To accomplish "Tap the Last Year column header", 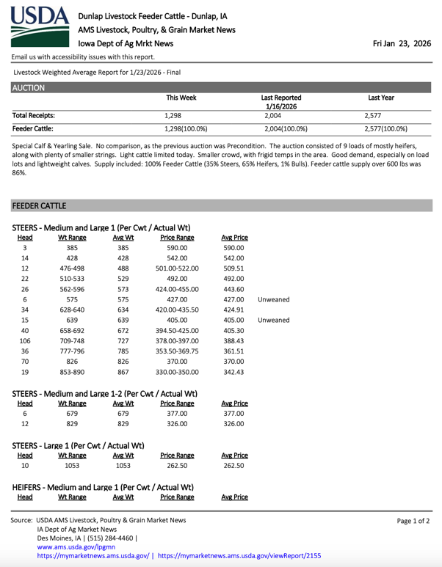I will pos(380,97).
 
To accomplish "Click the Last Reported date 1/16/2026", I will pos(280,105).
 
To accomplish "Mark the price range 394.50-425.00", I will pos(176,330).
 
